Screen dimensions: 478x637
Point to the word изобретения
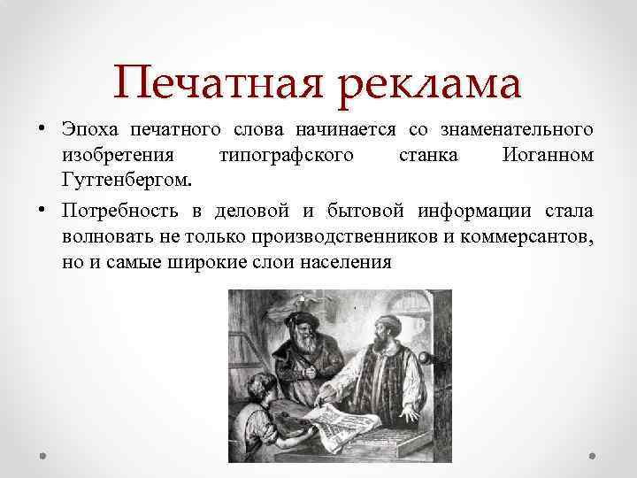click(111, 156)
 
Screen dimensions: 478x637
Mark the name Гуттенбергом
click(123, 181)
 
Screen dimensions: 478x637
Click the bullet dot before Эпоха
click(43, 131)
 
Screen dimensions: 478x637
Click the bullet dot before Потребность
click(43, 212)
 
